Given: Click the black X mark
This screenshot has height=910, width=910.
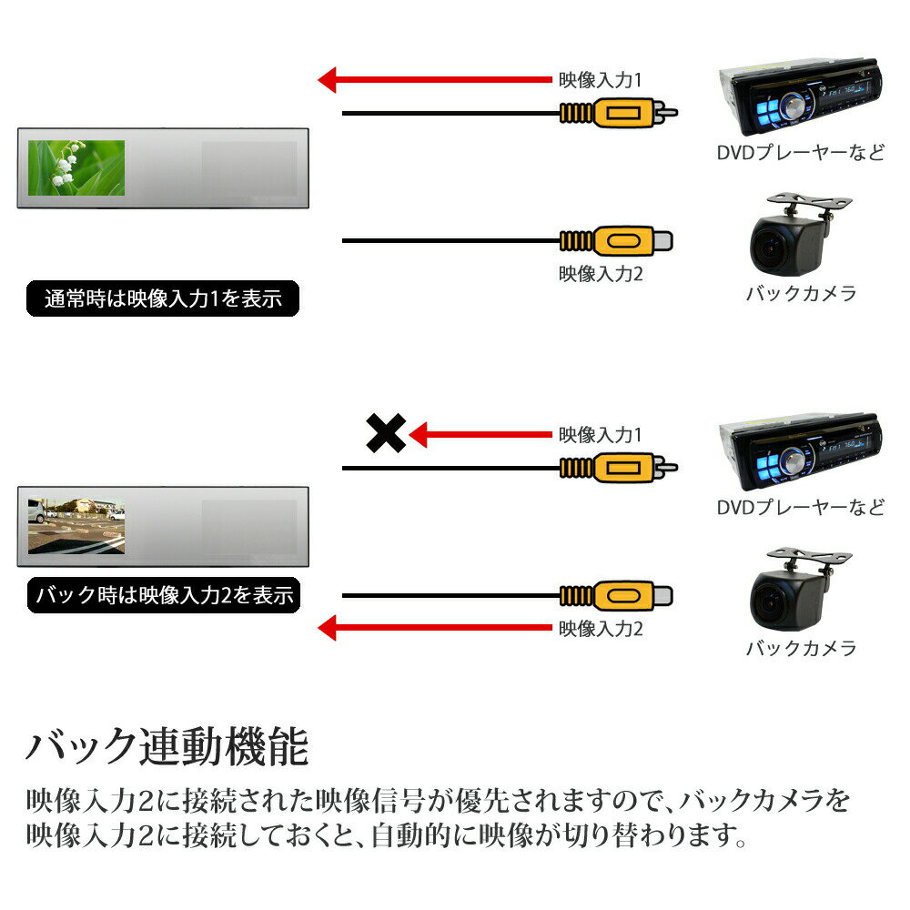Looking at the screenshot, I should coord(385,433).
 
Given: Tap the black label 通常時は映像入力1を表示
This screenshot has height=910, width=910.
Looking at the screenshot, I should coord(163,298).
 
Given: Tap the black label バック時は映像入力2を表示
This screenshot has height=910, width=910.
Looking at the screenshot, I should coord(163,597).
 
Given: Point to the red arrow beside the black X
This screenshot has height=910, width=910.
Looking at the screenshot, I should coord(480,435).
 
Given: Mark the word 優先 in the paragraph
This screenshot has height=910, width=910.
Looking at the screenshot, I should coord(497,801).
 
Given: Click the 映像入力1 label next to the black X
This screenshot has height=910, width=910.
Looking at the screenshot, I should coord(601,435).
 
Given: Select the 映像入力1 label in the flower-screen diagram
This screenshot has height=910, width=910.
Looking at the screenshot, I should coord(601,80).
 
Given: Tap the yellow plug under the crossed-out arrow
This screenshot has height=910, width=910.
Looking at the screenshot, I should coord(619,470).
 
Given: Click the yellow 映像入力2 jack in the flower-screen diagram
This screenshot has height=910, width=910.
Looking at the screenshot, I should coord(619,241).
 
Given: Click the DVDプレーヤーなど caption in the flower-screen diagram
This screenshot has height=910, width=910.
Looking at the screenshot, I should coord(800,152).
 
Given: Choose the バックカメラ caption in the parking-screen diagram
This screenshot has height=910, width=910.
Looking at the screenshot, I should coord(801,648).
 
